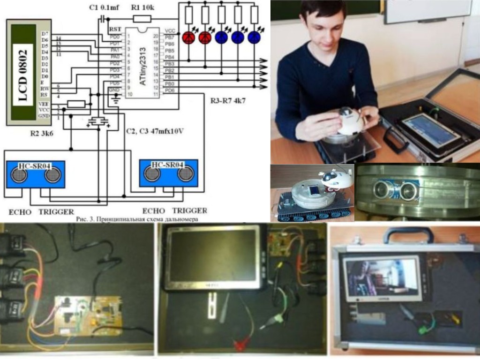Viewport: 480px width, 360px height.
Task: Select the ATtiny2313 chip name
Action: tap(143, 65)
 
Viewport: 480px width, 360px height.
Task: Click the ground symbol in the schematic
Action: tap(116, 100)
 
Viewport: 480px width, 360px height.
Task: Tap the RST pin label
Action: tap(115, 29)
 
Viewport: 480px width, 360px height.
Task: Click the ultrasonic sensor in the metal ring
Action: tap(396, 190)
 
